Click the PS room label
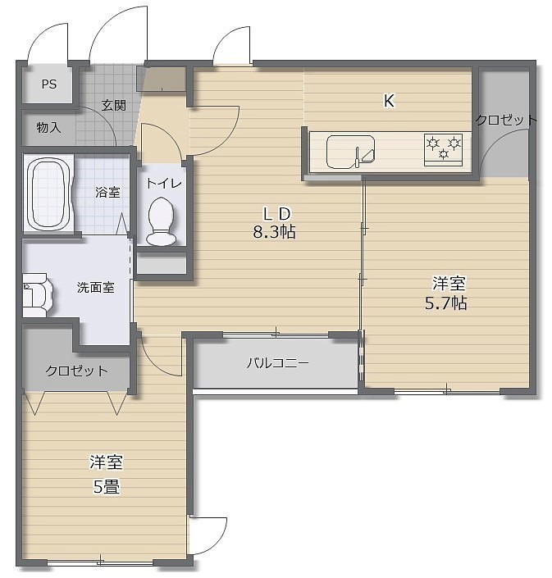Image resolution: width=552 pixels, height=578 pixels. point(49,84)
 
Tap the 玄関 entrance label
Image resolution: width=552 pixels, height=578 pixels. point(114,106)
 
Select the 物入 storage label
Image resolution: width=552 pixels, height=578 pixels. point(48,128)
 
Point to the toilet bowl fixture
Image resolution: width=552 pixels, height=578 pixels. point(161,221)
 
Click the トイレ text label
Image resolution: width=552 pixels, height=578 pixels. point(164,183)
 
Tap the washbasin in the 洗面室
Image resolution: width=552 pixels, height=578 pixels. point(37,295)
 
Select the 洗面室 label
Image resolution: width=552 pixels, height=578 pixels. point(95,288)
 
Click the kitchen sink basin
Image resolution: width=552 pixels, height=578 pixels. point(351,152)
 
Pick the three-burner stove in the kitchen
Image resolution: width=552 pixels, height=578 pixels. point(443,149)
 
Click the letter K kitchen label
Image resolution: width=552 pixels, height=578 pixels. point(389,101)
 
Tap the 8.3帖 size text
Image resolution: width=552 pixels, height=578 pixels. point(274,232)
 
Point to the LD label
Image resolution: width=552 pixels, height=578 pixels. point(276,213)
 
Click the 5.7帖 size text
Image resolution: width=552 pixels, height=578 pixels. point(446,303)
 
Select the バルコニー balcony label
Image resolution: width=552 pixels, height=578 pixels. point(278,363)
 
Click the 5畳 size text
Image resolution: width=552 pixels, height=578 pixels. point(106,487)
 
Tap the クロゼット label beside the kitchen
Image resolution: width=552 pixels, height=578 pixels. point(506,120)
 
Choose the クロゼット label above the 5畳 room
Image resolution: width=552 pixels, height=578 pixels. point(77,371)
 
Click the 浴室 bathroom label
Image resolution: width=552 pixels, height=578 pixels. point(107,192)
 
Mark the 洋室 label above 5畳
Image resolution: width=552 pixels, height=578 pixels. point(106,462)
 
